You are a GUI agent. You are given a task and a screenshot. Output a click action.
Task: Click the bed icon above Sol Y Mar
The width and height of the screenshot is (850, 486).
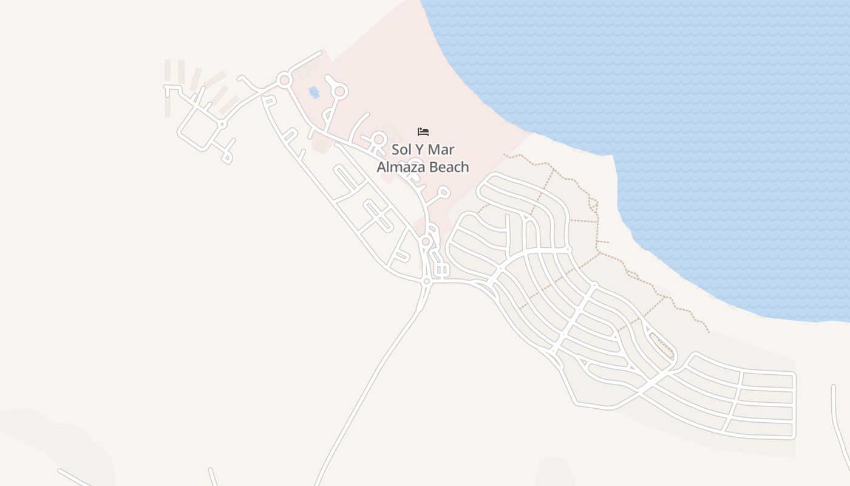pos(423,132)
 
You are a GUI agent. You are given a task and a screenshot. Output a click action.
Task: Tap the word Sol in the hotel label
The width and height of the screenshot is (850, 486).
pos(402,149)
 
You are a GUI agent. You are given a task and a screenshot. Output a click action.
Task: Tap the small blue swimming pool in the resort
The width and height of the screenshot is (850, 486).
pos(314,92)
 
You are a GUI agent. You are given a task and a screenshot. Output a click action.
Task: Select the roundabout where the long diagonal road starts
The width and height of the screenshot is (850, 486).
pos(427,281)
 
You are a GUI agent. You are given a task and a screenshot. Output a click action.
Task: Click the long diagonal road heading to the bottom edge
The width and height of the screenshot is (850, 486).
pos(376,371)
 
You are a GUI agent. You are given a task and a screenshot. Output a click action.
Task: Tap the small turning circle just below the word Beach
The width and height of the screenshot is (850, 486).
pos(444,193)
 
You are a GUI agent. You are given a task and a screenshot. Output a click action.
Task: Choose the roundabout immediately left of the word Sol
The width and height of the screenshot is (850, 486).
pos(379,139)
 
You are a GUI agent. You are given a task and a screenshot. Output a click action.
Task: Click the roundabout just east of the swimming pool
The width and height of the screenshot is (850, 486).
pos(340,92)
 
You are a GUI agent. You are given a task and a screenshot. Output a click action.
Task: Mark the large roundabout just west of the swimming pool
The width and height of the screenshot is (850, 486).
pos(284,80)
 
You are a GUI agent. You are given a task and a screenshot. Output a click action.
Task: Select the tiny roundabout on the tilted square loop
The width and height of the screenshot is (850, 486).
pos(222,124)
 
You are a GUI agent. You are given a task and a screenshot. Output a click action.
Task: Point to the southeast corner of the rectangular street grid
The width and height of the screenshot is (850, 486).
pos(794,436)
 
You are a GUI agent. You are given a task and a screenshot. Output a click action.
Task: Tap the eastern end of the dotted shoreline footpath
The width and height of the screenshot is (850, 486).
pos(709,332)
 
